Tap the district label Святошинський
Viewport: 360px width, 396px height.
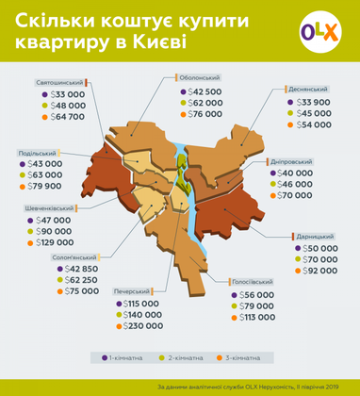pos(58,82)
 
